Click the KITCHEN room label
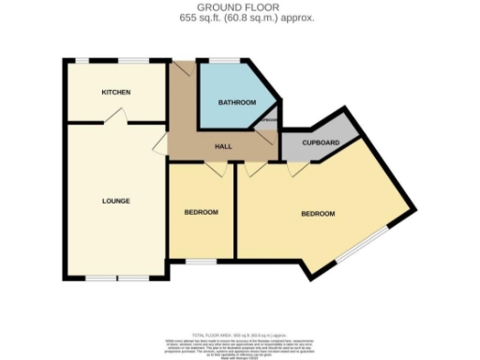click(x=116, y=92)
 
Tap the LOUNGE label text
click(x=115, y=201)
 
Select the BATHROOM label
click(x=236, y=102)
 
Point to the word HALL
click(x=223, y=147)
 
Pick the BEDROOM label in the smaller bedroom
click(x=201, y=212)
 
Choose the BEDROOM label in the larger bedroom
click(x=317, y=214)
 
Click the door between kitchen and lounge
click(x=116, y=115)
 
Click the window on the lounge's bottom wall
click(x=116, y=278)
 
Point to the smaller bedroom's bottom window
click(x=200, y=258)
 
